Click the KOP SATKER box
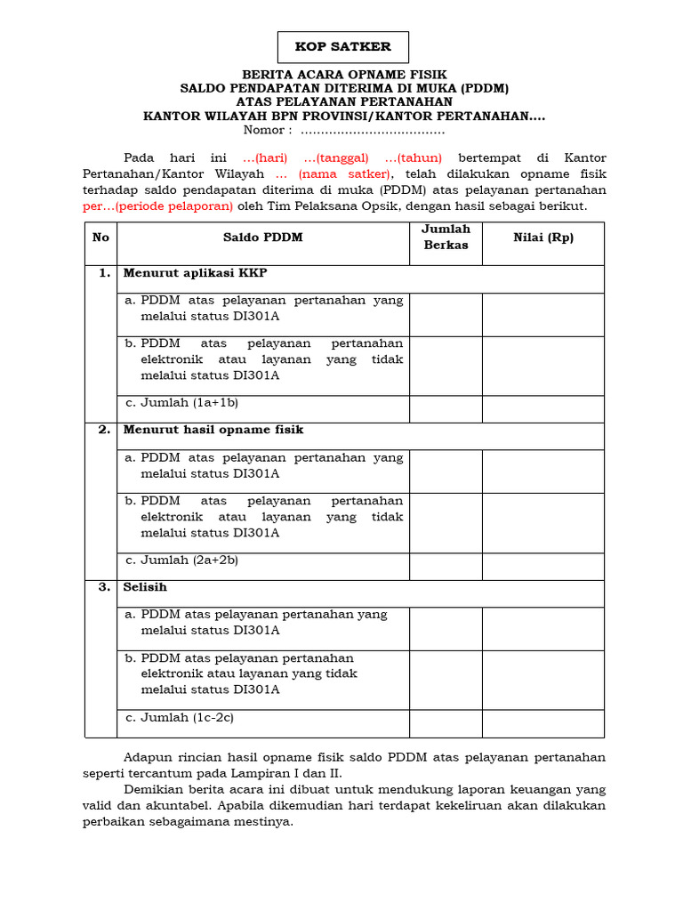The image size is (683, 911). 342,48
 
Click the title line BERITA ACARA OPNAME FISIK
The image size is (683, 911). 345,75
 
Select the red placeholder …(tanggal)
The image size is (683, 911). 336,157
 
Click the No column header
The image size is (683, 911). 100,238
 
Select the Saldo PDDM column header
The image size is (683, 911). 262,238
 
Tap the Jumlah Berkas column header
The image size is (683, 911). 446,238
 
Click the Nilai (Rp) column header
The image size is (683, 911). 543,238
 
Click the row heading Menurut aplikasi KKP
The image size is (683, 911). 194,272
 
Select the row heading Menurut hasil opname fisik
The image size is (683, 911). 213,430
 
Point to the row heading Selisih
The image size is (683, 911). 145,587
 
